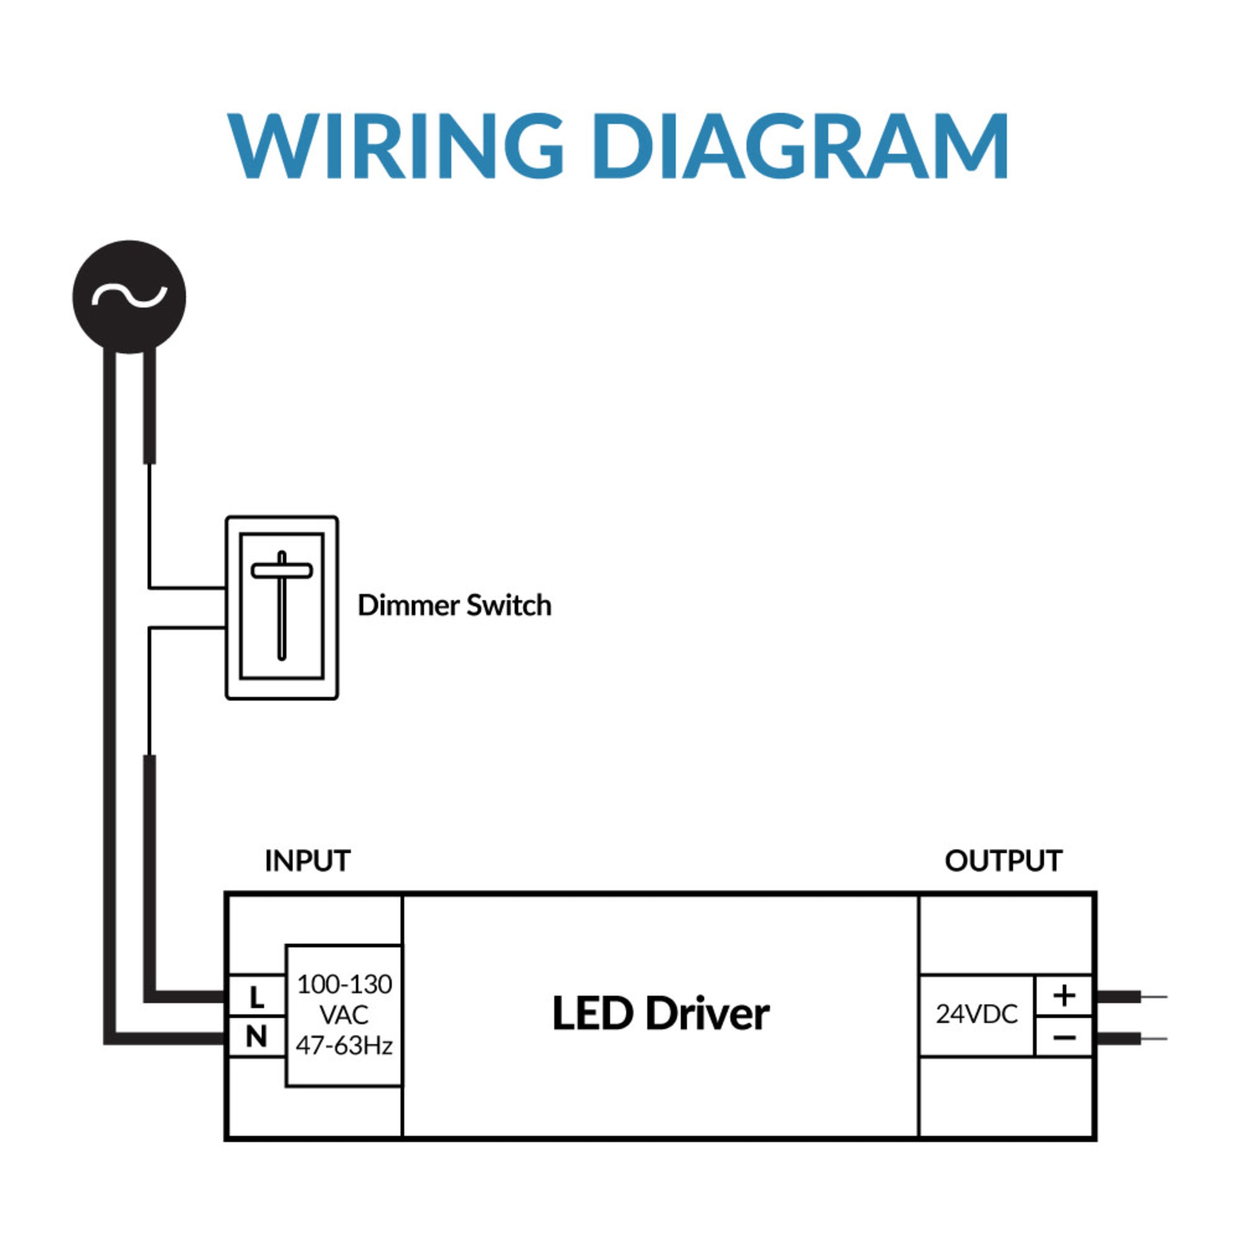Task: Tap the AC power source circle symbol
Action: [129, 296]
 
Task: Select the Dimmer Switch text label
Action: [454, 605]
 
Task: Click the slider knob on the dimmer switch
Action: [282, 570]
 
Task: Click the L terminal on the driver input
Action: [257, 997]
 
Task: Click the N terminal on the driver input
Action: [257, 1037]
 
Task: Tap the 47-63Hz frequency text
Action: [344, 1046]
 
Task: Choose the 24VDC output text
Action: [976, 1015]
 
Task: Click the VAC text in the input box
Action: [344, 1016]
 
